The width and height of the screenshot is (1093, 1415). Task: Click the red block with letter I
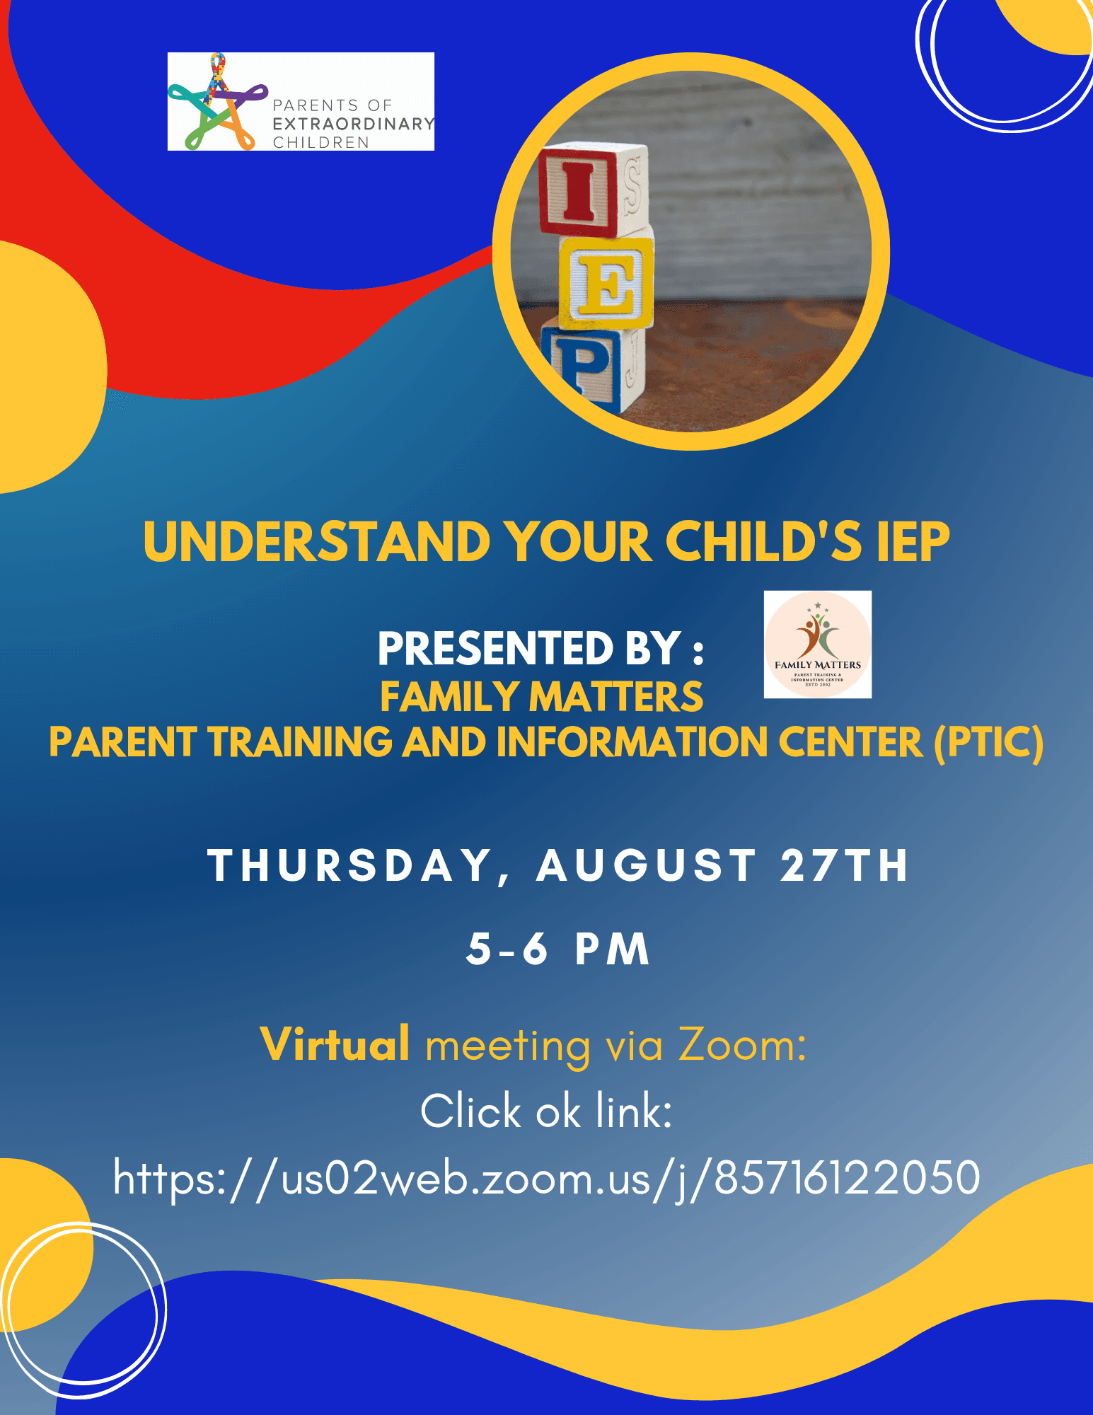click(593, 189)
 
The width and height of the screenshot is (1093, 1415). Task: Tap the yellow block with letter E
click(606, 282)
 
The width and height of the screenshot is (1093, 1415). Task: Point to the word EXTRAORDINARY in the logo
click(354, 124)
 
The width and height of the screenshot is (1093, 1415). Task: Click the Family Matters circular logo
click(818, 645)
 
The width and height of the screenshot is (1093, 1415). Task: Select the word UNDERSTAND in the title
click(317, 541)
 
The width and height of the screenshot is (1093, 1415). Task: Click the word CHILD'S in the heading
click(763, 541)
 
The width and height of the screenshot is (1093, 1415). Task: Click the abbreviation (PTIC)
click(988, 742)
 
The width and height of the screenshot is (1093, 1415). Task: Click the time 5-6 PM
click(557, 949)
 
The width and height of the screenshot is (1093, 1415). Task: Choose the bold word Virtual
click(335, 1044)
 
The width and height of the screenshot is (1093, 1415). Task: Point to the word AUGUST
click(647, 865)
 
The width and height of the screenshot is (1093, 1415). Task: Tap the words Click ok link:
click(546, 1111)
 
